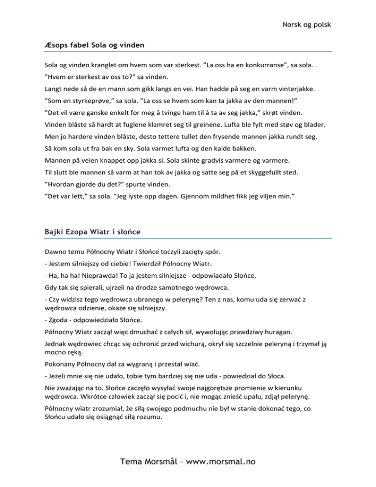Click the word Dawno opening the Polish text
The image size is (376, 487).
[x=56, y=252]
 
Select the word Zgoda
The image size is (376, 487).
[x=58, y=320]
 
